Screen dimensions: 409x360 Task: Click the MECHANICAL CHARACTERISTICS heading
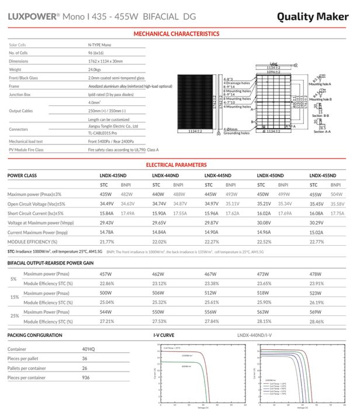click(176, 34)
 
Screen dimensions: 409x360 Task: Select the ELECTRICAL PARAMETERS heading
click(176, 165)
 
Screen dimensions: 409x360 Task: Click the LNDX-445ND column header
click(217, 176)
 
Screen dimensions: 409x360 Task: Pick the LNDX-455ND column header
click(323, 176)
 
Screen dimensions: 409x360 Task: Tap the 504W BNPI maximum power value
click(337, 194)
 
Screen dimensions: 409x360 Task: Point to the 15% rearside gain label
click(13, 297)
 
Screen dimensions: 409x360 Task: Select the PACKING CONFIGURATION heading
click(35, 335)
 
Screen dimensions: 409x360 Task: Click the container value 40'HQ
click(88, 349)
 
